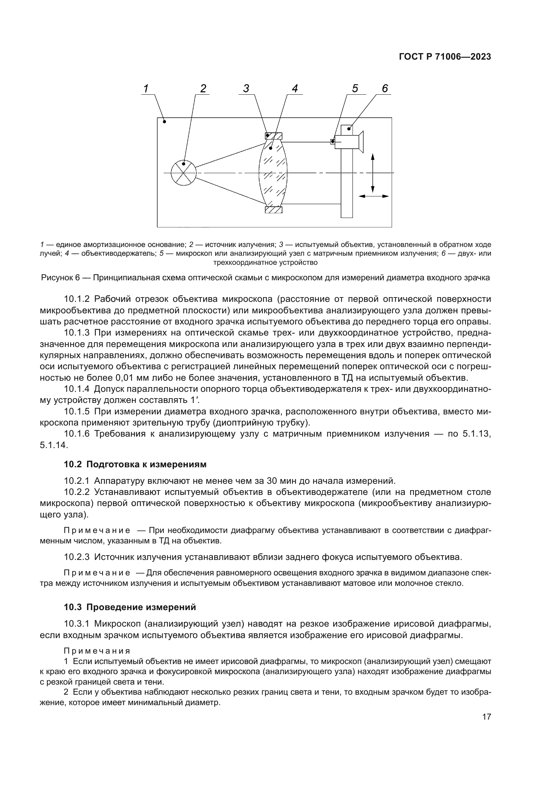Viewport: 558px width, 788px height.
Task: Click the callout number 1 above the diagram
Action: [146, 89]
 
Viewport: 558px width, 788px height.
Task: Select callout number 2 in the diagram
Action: [203, 89]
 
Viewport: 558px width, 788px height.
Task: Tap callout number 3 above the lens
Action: [246, 89]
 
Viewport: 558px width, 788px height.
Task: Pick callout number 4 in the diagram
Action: [295, 89]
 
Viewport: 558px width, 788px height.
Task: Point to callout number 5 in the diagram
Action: [355, 89]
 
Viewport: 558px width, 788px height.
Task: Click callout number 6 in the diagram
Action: [385, 89]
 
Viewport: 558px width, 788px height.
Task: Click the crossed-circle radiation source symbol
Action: [184, 172]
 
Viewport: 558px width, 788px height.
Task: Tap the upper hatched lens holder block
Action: [274, 136]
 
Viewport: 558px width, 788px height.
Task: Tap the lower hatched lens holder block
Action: [274, 210]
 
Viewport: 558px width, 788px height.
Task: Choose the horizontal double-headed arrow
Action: [373, 196]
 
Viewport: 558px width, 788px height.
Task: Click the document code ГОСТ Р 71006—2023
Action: [445, 57]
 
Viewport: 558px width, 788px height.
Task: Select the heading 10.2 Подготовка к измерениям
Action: [135, 464]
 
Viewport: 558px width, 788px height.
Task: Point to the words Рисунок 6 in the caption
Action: [60, 278]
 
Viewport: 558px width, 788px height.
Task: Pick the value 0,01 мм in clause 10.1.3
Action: [131, 378]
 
